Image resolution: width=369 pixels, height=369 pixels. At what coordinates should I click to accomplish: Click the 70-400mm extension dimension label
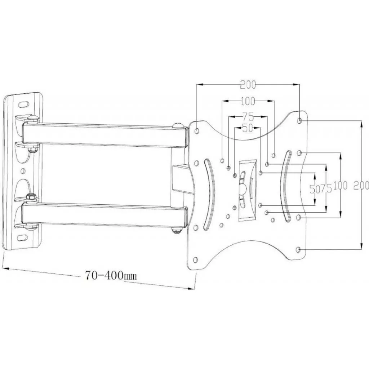tap(111, 275)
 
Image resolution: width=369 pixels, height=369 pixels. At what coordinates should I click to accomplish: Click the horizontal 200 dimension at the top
tap(248, 85)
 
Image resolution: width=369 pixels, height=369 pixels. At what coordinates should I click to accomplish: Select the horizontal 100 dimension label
tap(248, 101)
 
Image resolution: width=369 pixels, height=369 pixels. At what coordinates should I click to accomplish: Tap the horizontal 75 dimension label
tap(248, 116)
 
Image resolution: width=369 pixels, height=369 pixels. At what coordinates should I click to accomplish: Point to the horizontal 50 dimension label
tap(247, 128)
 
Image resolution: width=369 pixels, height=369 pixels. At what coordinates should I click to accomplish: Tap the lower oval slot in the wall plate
tap(22, 237)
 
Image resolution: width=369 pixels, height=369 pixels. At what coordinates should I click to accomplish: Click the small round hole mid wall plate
tap(23, 170)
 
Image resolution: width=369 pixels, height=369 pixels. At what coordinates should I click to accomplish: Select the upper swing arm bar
tap(105, 135)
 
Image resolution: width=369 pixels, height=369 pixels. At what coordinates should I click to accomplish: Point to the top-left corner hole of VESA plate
tap(197, 131)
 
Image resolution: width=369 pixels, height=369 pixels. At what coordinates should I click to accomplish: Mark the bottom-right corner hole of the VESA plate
tap(298, 249)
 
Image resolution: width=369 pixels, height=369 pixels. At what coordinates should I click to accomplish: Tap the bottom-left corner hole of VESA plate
tap(195, 260)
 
